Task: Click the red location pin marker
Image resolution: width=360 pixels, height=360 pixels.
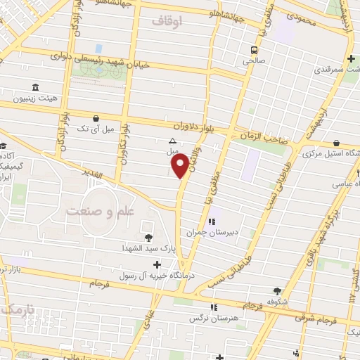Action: [x=180, y=166]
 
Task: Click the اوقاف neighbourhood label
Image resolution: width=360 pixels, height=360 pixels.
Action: [x=167, y=22]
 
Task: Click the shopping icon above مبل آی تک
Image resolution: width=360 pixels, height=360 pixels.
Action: [x=95, y=119]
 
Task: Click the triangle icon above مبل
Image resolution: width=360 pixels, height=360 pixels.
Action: [x=173, y=141]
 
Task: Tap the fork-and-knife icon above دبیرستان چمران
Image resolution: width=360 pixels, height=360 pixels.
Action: [x=211, y=222]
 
